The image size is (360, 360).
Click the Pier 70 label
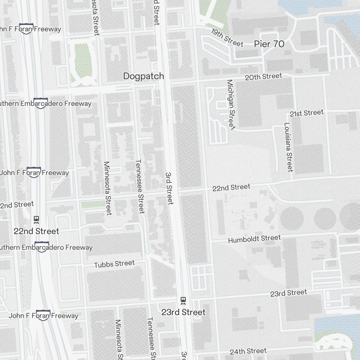(x=269, y=44)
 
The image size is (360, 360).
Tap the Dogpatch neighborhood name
(x=143, y=76)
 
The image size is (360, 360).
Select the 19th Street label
(x=227, y=37)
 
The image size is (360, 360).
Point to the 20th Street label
(x=263, y=76)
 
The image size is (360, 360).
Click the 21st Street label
(x=307, y=113)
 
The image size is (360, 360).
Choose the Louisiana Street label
(x=288, y=147)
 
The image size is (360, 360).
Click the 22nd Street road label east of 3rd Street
(x=231, y=188)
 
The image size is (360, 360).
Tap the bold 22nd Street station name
(x=36, y=231)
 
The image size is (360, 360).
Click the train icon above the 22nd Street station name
(x=36, y=219)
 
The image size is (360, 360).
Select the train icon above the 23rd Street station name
(x=183, y=300)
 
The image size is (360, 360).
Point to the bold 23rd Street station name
(x=183, y=312)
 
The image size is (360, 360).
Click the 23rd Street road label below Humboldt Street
(x=289, y=293)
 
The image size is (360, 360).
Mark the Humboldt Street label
(x=254, y=239)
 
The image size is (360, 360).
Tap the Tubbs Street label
(x=114, y=264)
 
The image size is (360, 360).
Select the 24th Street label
(x=248, y=351)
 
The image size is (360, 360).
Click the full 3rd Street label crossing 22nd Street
(x=169, y=188)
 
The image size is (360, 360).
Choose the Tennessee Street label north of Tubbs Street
(x=140, y=186)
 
